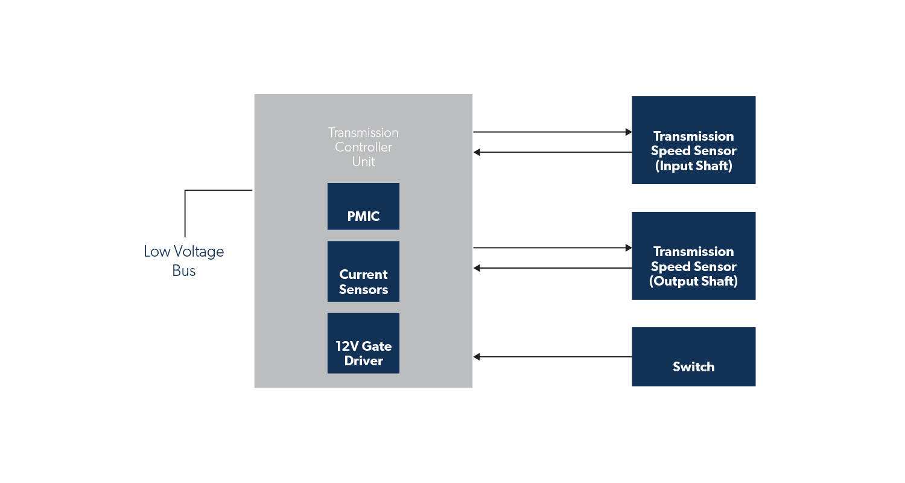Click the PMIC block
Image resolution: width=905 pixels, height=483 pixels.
click(363, 206)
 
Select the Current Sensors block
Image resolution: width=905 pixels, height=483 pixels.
click(363, 272)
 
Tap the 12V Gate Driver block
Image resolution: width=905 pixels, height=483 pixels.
click(363, 343)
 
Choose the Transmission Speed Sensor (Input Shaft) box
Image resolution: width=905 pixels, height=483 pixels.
click(693, 140)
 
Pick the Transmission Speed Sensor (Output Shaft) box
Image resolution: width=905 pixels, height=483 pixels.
click(693, 255)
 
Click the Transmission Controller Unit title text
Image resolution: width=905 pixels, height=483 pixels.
click(363, 147)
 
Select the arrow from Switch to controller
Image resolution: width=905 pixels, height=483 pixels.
click(552, 357)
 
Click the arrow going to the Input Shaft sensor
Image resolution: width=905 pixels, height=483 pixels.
click(552, 132)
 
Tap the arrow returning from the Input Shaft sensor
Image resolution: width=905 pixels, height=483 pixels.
click(552, 152)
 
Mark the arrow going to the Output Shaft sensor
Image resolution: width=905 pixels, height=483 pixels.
click(552, 248)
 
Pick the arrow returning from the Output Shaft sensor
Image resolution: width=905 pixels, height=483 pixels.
click(552, 268)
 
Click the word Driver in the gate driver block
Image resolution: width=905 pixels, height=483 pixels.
click(363, 361)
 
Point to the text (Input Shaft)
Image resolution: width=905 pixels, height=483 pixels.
click(693, 166)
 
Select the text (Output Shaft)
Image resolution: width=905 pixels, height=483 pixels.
click(693, 281)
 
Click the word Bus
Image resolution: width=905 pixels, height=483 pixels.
click(184, 270)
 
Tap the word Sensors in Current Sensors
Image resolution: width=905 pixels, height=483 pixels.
click(363, 290)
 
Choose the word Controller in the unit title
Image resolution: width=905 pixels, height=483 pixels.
click(363, 147)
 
